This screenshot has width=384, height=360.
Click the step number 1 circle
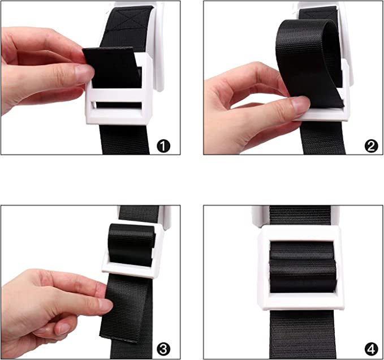(x=163, y=146)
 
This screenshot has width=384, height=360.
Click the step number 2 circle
(x=371, y=146)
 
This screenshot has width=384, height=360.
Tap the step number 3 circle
(x=163, y=349)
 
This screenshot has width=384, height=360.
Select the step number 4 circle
(x=371, y=349)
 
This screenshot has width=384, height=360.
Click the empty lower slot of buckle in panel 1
(x=117, y=105)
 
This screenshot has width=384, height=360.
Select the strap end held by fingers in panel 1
(x=111, y=67)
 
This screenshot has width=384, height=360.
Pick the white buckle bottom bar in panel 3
(x=130, y=272)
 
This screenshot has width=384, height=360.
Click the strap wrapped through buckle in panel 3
(x=132, y=245)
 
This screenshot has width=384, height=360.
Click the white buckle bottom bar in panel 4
(x=302, y=302)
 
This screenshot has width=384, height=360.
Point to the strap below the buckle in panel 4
(x=302, y=335)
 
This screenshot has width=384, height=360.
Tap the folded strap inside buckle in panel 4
(x=302, y=267)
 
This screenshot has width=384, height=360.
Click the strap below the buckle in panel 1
(x=125, y=139)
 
